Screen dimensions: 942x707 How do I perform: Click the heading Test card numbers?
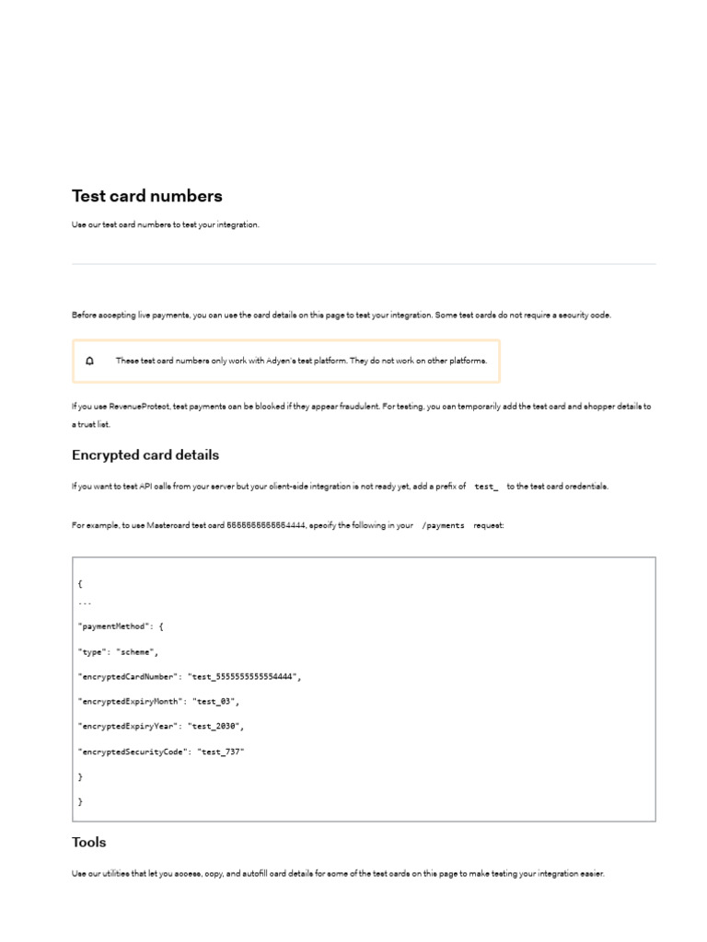[x=147, y=196]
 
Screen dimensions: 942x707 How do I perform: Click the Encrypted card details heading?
[x=145, y=455]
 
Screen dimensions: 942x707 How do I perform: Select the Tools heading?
[x=89, y=842]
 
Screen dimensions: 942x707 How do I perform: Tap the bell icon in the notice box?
[x=89, y=361]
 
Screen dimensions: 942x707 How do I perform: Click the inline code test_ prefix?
[x=486, y=486]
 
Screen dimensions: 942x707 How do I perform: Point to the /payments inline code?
[x=443, y=524]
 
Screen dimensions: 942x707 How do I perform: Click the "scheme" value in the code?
[x=137, y=651]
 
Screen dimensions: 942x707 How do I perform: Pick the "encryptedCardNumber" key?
[x=129, y=676]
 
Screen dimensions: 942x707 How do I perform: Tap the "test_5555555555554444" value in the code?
[x=244, y=676]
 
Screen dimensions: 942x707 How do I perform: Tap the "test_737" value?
[x=220, y=752]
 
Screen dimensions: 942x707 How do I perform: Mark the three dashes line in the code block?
[x=85, y=602]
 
